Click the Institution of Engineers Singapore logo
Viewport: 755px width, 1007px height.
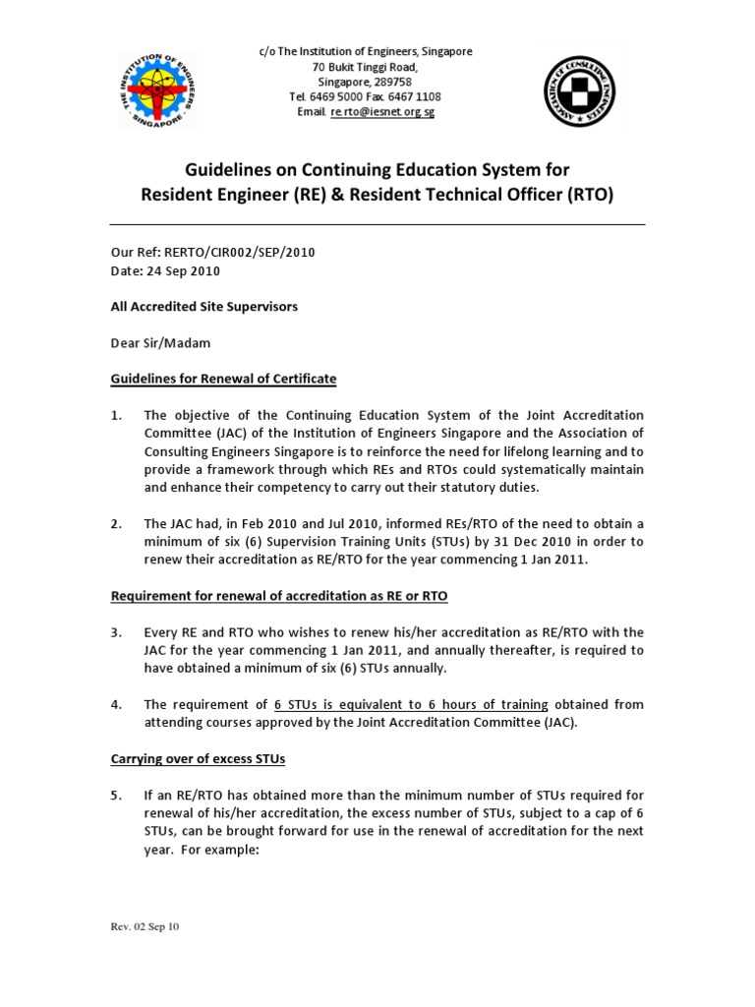(156, 90)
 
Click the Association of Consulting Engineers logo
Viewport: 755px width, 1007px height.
(585, 91)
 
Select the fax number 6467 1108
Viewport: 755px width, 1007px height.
(416, 96)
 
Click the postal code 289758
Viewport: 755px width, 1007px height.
(394, 82)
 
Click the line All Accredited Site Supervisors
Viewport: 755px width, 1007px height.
(203, 306)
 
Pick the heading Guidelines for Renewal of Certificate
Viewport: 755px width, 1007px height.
(223, 379)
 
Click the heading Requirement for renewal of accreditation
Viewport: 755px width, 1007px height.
(279, 596)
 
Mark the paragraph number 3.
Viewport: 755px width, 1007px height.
(116, 632)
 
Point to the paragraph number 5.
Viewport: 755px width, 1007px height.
(116, 795)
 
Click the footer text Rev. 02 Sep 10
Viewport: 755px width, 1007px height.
(144, 926)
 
